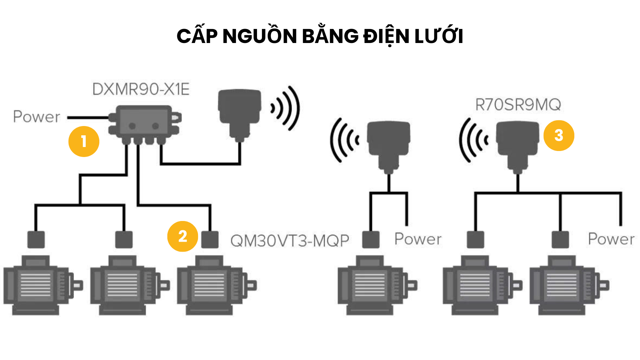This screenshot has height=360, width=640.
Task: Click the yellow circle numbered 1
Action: tap(84, 141)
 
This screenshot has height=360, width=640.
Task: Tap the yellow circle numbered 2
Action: tap(182, 236)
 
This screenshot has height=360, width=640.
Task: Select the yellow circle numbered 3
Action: tap(559, 135)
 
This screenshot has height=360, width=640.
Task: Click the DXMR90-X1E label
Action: tap(141, 89)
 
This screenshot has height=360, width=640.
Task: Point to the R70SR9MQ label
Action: tap(518, 105)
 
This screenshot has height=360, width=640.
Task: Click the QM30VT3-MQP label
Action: tap(289, 241)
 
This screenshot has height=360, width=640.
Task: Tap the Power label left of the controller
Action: tap(37, 117)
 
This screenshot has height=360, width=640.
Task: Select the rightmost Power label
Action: tap(611, 239)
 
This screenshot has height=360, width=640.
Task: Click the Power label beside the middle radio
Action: tap(418, 239)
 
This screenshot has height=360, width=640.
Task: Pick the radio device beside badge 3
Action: tap(517, 145)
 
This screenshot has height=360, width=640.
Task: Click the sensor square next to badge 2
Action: tap(210, 240)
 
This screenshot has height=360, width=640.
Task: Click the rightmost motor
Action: tap(568, 285)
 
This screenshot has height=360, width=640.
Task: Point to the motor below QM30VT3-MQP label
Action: tap(216, 285)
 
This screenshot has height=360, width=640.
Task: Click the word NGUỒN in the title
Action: tap(259, 36)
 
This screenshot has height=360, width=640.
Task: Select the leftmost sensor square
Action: tap(36, 240)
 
